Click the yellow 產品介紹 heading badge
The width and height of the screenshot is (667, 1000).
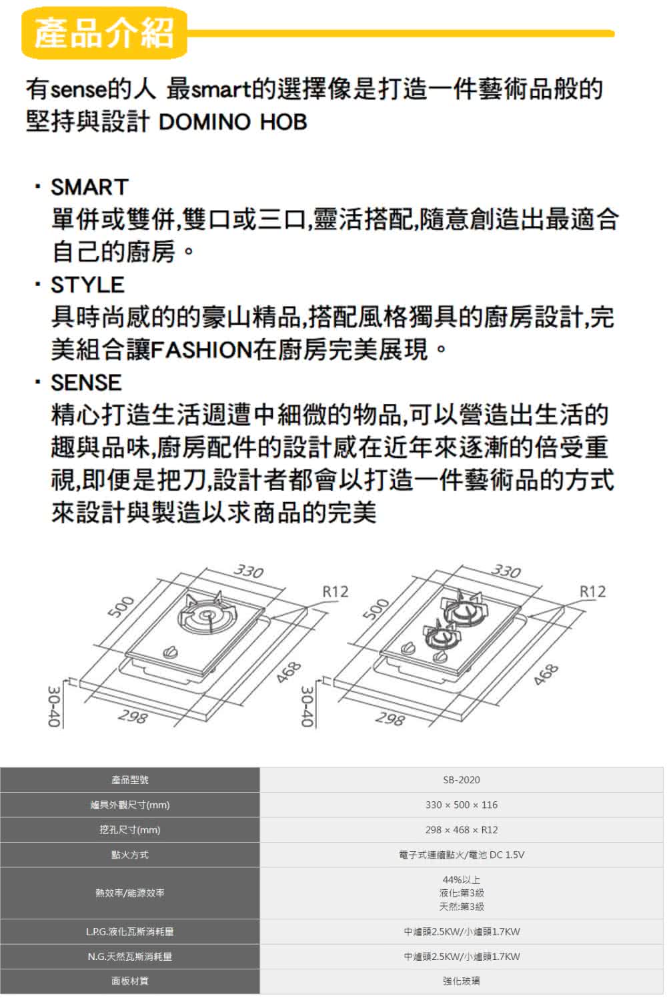coord(104,33)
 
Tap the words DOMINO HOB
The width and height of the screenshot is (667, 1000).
coord(233,122)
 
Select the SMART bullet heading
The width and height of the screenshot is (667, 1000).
coord(89,187)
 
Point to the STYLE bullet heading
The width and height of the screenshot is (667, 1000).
coord(87,285)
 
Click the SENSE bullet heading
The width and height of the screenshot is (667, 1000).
coord(86,383)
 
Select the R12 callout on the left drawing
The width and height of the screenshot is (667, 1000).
coord(335,591)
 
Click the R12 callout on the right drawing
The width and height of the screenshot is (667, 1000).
coord(592,591)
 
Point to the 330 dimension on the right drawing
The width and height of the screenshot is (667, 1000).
coord(506,571)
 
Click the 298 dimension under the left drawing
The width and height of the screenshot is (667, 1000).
coord(132,717)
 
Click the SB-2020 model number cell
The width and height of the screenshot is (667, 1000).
coord(461,780)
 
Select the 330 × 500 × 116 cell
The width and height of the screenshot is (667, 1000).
coord(461,805)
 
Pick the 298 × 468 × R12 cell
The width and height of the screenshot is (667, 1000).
coord(461,830)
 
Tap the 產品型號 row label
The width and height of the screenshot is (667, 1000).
coord(130,780)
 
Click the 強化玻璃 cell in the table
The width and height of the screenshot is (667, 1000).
coord(461,981)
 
